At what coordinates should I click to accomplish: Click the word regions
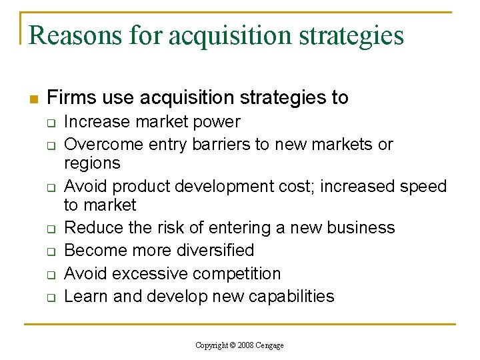point(92,163)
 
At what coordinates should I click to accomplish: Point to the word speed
point(420,186)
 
